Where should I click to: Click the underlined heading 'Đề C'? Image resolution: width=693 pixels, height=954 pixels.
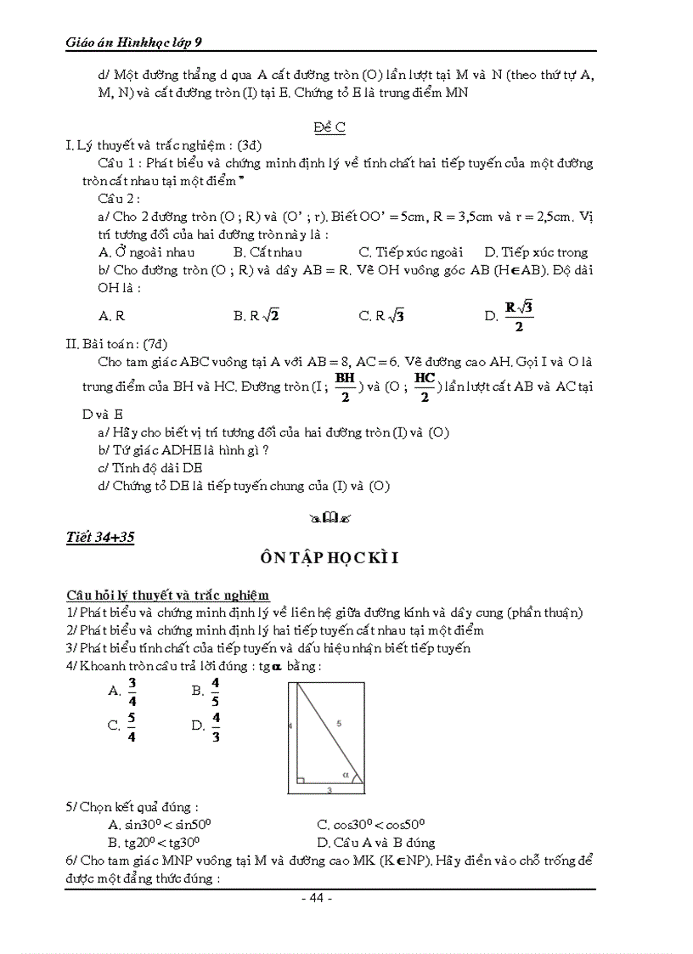point(330,127)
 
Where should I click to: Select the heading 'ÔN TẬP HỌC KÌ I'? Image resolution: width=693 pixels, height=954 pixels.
point(330,558)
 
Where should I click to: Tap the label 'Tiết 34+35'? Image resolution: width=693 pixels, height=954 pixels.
point(100,537)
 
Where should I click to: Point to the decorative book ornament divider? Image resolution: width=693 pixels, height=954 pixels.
point(330,516)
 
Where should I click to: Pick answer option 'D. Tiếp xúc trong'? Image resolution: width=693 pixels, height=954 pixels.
point(535,252)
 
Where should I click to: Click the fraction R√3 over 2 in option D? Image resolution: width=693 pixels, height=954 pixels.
point(518,316)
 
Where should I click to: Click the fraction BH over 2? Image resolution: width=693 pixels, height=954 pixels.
point(344,387)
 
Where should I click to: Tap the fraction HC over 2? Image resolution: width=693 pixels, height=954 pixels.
point(425,387)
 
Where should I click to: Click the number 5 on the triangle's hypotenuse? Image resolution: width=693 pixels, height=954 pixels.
point(338,724)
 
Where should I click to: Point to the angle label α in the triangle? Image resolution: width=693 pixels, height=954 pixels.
point(345,774)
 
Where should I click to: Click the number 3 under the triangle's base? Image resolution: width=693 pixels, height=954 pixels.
point(329,790)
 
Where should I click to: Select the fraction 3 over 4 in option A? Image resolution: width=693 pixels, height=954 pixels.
point(132,692)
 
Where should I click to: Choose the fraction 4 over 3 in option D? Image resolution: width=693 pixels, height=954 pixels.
point(216,726)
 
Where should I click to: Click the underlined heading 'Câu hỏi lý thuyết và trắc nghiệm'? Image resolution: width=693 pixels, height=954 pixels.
point(168,595)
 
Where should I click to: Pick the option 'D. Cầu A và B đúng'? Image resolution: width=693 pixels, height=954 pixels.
point(375,843)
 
